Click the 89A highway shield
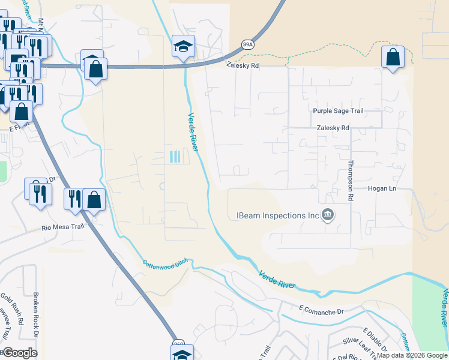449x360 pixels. pos(247,44)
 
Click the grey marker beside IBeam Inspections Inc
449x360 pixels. pos(328,214)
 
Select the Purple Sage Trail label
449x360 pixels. pos(338,111)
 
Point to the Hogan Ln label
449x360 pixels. pos(382,188)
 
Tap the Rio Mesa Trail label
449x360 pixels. pos(61,227)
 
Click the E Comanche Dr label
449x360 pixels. pos(320,312)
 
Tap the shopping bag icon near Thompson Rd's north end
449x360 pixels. pos(393,58)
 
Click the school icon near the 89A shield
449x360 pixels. pos(182,46)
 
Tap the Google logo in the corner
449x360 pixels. pos(19,352)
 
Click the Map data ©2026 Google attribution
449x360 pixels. pos(412,355)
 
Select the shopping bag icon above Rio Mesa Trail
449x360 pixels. pos(94,200)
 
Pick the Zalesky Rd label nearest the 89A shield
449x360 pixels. pos(243,65)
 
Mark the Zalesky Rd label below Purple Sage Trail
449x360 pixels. pos(333,128)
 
